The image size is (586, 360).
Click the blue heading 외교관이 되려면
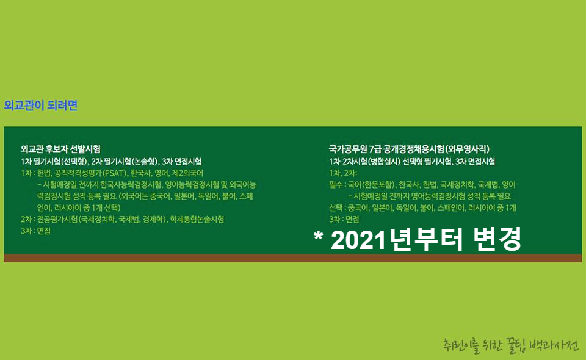[x=41, y=106]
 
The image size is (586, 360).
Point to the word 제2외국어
[x=186, y=173]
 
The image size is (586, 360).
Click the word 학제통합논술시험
[x=197, y=219]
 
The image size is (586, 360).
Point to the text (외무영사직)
[x=467, y=149]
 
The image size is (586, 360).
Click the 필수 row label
[x=335, y=184]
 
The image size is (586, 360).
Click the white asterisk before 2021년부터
[x=318, y=239]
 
